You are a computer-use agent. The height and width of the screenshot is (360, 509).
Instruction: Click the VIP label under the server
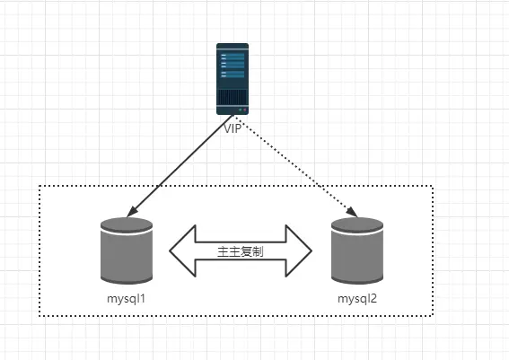click(x=233, y=128)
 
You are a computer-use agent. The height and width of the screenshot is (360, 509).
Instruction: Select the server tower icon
click(x=233, y=79)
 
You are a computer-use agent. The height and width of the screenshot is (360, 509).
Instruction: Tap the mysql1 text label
click(x=126, y=299)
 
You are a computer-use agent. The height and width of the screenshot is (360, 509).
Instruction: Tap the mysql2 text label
click(x=357, y=299)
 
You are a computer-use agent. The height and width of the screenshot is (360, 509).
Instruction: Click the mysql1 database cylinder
click(x=127, y=250)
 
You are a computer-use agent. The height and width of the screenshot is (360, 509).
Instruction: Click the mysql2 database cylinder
click(x=357, y=250)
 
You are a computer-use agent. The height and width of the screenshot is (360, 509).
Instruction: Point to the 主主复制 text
click(x=241, y=251)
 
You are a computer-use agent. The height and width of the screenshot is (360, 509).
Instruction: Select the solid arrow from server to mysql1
click(x=180, y=165)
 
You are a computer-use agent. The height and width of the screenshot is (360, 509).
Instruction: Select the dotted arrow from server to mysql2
click(x=295, y=165)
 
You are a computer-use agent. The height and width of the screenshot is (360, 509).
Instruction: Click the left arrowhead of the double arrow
click(x=182, y=250)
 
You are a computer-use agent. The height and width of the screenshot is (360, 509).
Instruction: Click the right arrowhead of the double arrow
click(x=299, y=250)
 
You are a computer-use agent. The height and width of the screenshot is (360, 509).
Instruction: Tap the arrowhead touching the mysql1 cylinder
click(x=131, y=212)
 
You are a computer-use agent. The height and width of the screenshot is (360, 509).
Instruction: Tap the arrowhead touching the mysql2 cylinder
click(x=353, y=212)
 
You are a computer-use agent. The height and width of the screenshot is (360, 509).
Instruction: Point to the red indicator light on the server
click(x=245, y=110)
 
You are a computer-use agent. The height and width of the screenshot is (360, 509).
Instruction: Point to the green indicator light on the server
click(x=241, y=110)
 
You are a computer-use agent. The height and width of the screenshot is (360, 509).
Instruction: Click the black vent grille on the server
click(x=233, y=97)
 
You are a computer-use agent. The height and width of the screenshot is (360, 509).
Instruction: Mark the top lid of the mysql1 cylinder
click(x=127, y=224)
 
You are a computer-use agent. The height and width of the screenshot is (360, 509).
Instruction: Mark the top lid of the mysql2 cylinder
click(x=357, y=224)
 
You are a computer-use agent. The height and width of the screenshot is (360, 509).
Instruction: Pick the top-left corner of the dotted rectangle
click(x=39, y=186)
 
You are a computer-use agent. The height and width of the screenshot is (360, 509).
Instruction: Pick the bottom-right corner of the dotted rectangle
click(x=433, y=315)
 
